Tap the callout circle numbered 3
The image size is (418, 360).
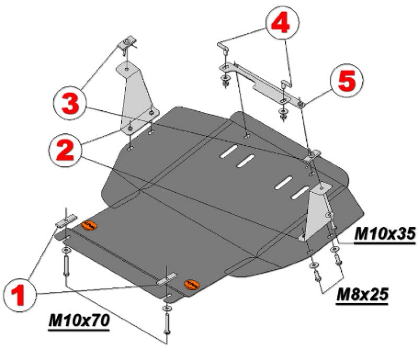pos(71,103)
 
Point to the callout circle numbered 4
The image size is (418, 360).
pos(282,22)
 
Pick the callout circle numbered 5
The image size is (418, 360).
pos(347,80)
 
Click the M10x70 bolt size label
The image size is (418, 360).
pos(79,321)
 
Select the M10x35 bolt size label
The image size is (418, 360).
pos(385,234)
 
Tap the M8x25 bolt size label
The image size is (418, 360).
pos(363,295)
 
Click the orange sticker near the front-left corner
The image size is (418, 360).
pos(89,226)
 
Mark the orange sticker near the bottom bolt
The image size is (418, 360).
pos(192,285)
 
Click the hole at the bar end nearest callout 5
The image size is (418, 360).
pos(301,104)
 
